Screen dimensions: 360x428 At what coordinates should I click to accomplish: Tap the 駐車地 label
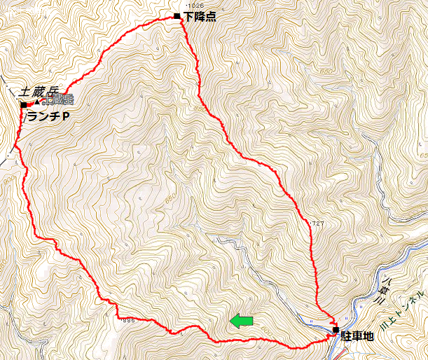pyautogui.click(x=357, y=337)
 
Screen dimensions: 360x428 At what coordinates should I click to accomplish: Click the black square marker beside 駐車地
pyautogui.click(x=336, y=329)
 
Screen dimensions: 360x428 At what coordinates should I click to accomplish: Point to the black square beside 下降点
pyautogui.click(x=177, y=15)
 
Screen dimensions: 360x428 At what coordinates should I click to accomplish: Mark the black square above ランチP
pyautogui.click(x=24, y=105)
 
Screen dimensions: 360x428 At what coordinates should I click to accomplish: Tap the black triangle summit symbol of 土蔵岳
pyautogui.click(x=36, y=103)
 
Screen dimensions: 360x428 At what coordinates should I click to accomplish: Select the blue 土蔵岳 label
pyautogui.click(x=57, y=100)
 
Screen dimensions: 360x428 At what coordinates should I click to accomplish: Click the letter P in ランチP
pyautogui.click(x=65, y=116)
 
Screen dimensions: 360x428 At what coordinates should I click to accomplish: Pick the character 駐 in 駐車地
pyautogui.click(x=346, y=337)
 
